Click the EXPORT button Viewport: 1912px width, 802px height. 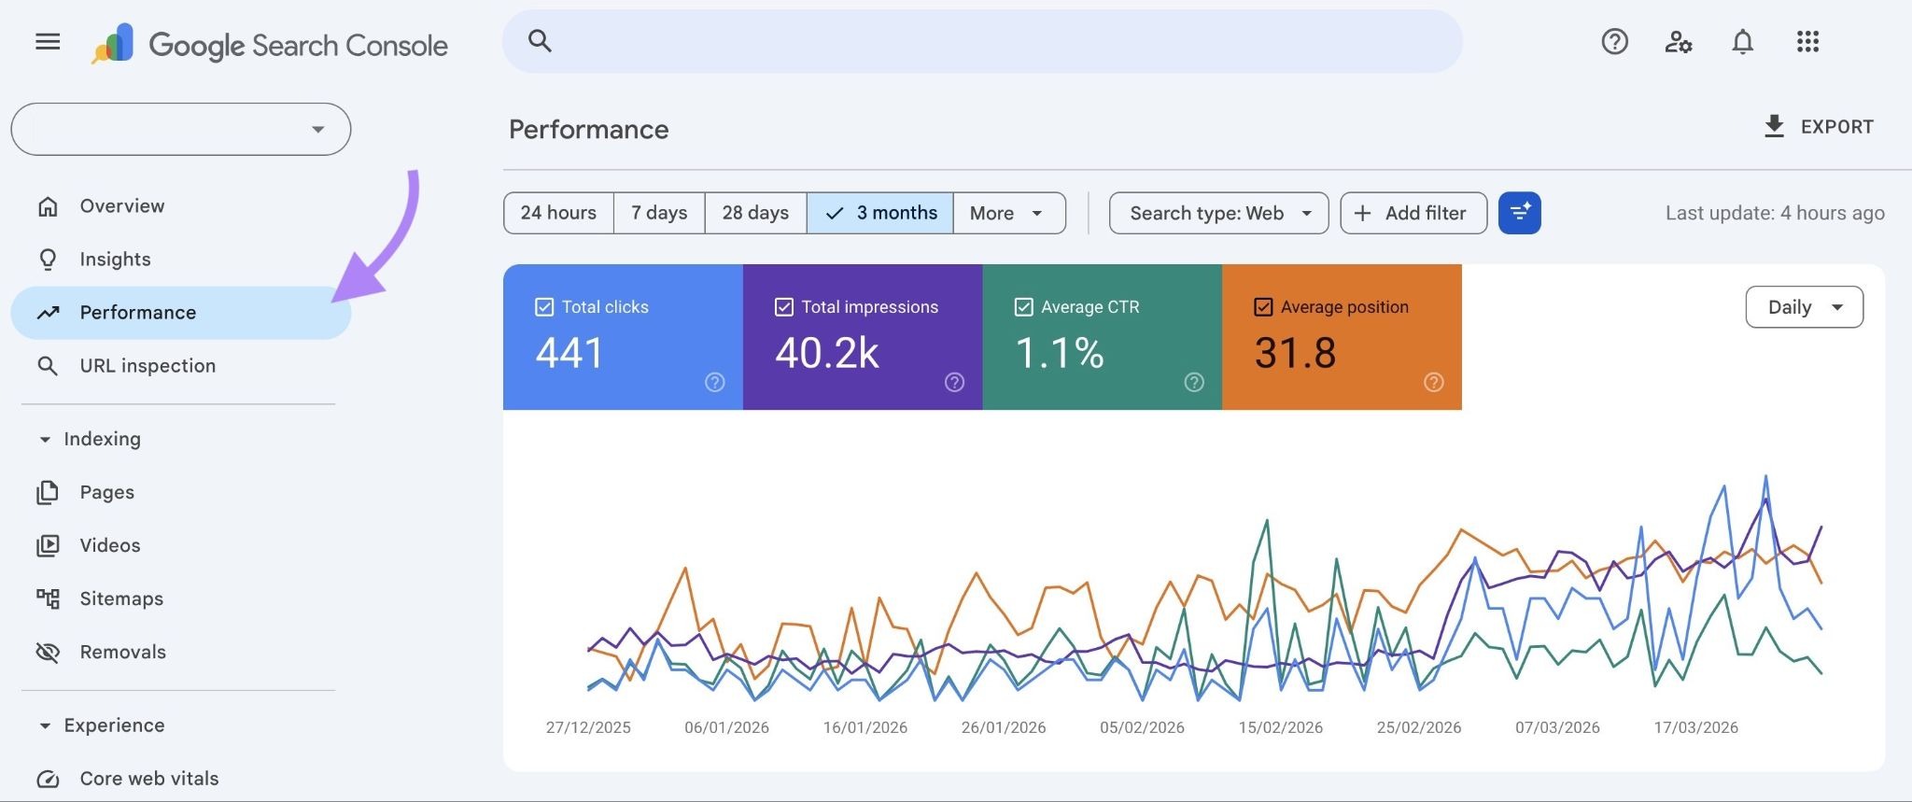point(1818,127)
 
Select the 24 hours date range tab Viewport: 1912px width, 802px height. point(558,213)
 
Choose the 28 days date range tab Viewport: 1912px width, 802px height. point(754,213)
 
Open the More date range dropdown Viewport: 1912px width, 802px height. point(1007,213)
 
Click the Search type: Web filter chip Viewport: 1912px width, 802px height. point(1218,213)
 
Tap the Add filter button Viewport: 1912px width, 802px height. point(1413,213)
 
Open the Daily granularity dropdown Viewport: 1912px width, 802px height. point(1804,307)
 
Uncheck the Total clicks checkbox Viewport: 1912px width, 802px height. point(544,307)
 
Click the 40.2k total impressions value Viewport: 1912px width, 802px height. point(827,353)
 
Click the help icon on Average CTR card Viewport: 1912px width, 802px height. point(1193,382)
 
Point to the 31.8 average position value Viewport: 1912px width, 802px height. point(1295,353)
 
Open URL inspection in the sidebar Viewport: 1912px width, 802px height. point(148,366)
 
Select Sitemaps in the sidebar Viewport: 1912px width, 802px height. point(121,598)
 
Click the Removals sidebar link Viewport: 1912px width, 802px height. point(122,652)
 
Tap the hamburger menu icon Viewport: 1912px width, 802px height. point(48,42)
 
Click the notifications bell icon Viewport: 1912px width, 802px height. point(1742,42)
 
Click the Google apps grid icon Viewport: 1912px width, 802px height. point(1807,42)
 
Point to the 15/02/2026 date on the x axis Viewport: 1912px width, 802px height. point(1280,727)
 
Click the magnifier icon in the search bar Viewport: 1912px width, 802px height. point(540,41)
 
